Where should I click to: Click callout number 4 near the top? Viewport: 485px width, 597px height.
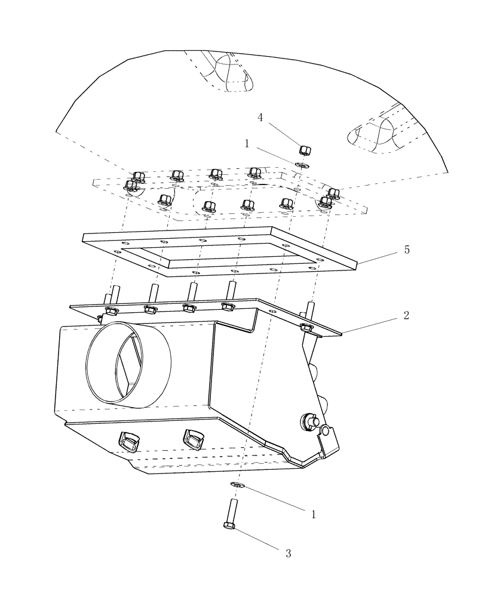click(x=260, y=117)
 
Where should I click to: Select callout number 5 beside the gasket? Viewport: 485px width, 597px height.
click(x=407, y=250)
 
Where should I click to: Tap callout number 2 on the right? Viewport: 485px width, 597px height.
click(x=406, y=315)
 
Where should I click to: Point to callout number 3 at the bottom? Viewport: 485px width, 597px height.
click(x=288, y=553)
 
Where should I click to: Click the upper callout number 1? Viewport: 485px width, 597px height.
click(x=247, y=143)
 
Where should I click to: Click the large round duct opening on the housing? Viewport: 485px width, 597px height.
click(x=128, y=365)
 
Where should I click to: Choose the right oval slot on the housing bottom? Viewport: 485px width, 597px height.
click(x=194, y=439)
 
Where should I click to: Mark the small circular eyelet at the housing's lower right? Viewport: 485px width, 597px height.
click(x=325, y=430)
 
